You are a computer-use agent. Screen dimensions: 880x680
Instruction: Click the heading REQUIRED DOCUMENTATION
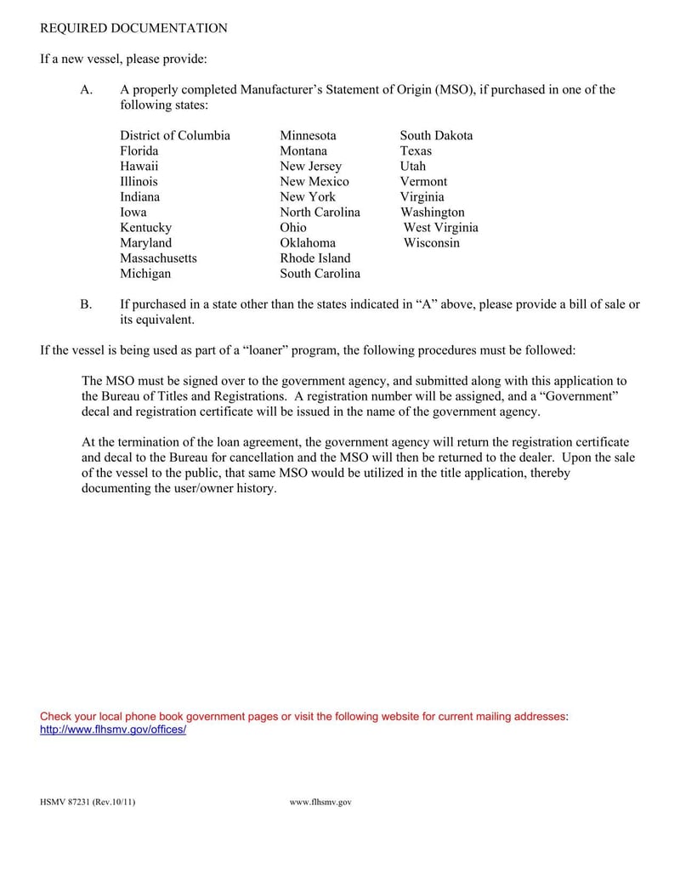click(x=133, y=28)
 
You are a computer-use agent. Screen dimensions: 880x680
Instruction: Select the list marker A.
click(x=86, y=89)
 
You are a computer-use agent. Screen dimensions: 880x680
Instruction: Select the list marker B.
click(x=86, y=304)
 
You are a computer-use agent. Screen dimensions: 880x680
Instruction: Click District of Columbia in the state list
click(x=174, y=135)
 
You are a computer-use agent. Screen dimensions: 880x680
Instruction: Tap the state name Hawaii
click(x=139, y=166)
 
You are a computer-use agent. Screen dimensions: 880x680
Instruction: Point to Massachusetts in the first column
click(x=158, y=258)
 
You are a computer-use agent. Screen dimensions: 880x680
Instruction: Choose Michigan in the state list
click(x=145, y=273)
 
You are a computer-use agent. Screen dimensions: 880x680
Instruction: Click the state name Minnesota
click(x=308, y=135)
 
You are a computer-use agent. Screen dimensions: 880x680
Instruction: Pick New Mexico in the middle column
click(x=314, y=181)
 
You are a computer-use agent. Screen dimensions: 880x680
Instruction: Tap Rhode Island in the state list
click(x=314, y=258)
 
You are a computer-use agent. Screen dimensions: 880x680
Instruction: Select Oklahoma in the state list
click(x=308, y=242)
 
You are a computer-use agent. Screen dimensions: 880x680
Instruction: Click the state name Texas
click(x=416, y=150)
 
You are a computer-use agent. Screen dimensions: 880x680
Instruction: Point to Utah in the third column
click(x=413, y=166)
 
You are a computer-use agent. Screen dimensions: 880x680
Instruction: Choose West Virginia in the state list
click(x=440, y=227)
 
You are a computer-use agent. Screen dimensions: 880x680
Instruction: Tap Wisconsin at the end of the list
click(x=431, y=242)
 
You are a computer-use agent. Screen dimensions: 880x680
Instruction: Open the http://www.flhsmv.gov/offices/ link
click(x=113, y=730)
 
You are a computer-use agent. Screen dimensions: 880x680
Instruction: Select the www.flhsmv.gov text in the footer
click(x=320, y=802)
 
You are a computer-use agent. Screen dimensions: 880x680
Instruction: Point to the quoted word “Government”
click(x=578, y=396)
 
